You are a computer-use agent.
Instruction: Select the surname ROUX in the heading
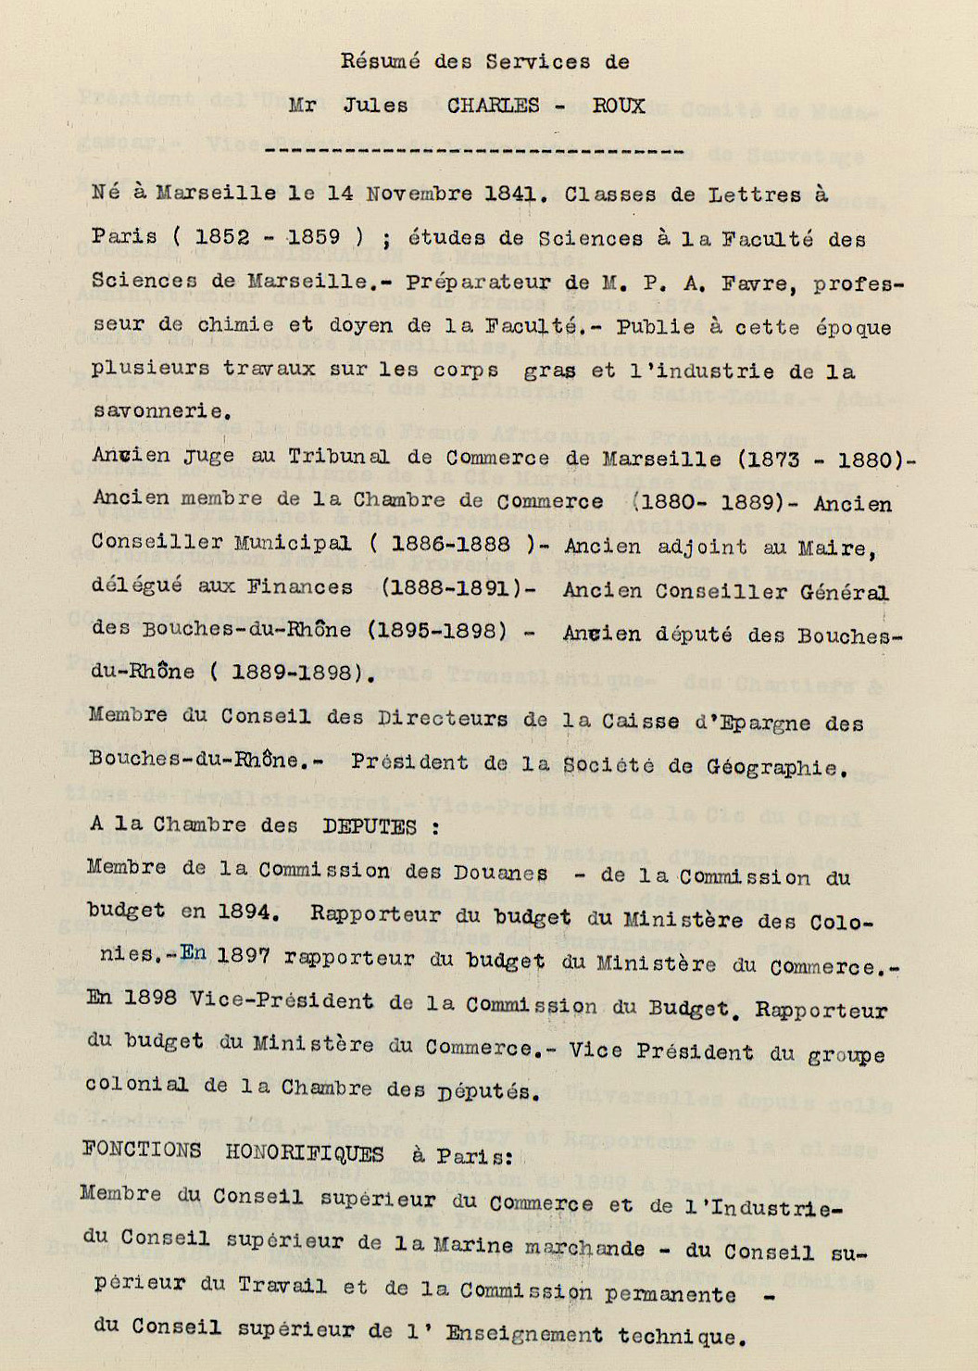(619, 106)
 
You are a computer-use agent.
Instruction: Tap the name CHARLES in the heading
(493, 106)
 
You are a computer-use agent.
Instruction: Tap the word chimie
(235, 325)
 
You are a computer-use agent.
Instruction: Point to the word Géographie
(776, 767)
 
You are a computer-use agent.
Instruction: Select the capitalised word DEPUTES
(370, 826)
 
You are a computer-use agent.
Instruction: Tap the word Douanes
(500, 873)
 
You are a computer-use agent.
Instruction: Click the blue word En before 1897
(193, 953)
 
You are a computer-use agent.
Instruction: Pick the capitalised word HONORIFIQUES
(305, 1153)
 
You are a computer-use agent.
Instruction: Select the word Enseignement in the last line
(523, 1334)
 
